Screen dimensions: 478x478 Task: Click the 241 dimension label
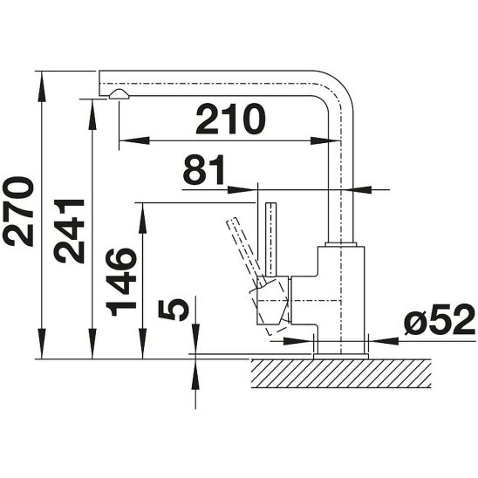pyautogui.click(x=68, y=229)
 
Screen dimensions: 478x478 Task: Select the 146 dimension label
pyautogui.click(x=119, y=281)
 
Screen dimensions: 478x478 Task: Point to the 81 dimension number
pyautogui.click(x=203, y=171)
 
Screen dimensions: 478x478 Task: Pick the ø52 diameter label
pyautogui.click(x=439, y=323)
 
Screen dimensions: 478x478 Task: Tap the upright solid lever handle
pyautogui.click(x=271, y=236)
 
